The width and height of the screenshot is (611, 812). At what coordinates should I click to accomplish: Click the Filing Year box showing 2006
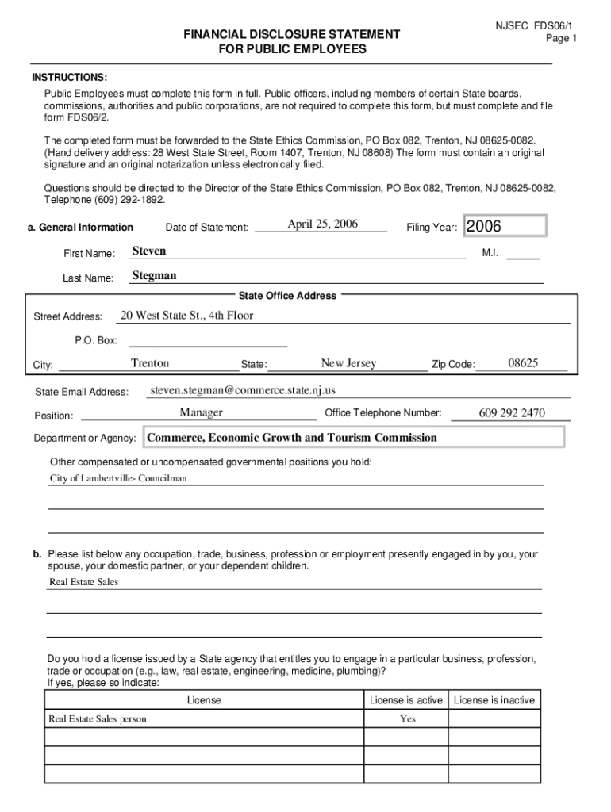click(505, 227)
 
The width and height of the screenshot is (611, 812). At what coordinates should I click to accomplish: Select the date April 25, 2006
click(322, 224)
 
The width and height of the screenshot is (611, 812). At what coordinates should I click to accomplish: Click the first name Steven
click(149, 251)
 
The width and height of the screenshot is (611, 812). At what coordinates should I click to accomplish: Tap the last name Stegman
click(154, 276)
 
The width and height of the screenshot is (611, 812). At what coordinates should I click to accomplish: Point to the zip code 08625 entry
click(524, 363)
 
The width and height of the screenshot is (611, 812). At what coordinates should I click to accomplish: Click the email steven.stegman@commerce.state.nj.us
click(243, 390)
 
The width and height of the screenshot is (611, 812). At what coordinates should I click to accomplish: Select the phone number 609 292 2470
click(512, 413)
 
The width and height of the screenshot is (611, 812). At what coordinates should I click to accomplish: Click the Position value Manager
click(201, 412)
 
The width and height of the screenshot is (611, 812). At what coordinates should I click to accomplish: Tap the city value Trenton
click(150, 363)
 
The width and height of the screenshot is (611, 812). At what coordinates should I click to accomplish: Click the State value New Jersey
click(348, 363)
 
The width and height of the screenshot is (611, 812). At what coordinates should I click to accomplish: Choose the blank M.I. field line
click(523, 255)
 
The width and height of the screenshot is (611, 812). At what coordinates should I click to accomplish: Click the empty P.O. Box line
click(208, 342)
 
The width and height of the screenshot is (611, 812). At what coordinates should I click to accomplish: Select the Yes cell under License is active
click(407, 719)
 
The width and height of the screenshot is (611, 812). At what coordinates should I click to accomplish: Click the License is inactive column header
click(494, 700)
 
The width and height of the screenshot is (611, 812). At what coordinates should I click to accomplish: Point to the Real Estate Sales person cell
click(98, 719)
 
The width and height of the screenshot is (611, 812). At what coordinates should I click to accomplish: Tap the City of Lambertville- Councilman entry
click(118, 479)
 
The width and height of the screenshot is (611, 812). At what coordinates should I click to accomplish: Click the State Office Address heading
click(288, 296)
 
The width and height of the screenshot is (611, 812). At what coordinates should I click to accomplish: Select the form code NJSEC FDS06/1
click(536, 25)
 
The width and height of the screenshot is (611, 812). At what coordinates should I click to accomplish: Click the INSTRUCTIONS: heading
click(69, 78)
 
